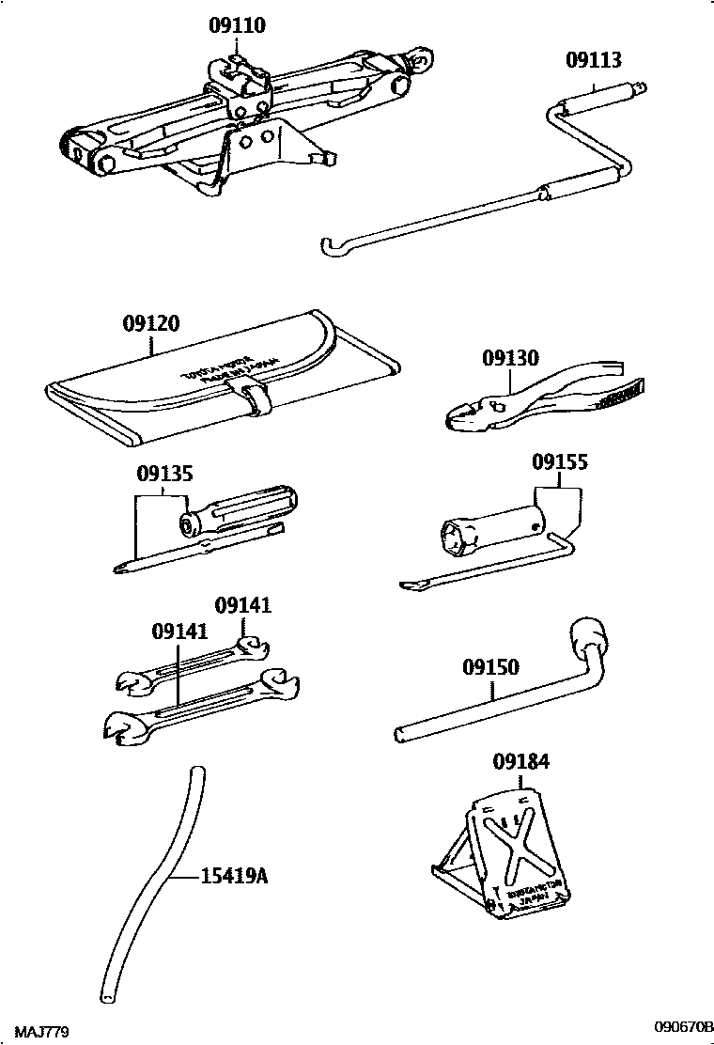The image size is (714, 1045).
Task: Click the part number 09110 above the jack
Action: point(236,26)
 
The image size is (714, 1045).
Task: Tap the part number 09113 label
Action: point(593,61)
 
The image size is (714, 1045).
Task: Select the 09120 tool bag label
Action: point(150,324)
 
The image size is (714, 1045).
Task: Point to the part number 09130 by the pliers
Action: point(511,358)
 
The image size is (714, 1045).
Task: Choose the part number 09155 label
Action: point(560,462)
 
